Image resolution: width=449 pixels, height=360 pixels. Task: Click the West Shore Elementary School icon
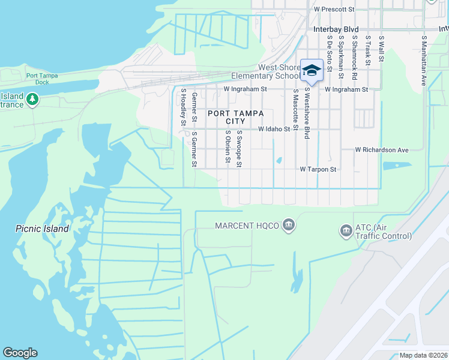click(x=312, y=70)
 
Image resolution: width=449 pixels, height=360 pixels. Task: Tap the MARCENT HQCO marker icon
click(x=289, y=226)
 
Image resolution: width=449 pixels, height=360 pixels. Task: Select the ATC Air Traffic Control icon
click(x=346, y=230)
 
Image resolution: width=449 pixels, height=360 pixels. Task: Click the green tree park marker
click(x=32, y=100)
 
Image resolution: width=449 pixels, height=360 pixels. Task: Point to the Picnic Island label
click(x=42, y=229)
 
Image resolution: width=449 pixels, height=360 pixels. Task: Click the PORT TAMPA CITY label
click(x=228, y=117)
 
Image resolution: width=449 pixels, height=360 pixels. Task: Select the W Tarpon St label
click(x=318, y=170)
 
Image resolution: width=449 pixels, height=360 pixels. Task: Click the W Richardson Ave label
click(x=381, y=149)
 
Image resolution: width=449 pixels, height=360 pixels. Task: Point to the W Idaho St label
click(x=274, y=129)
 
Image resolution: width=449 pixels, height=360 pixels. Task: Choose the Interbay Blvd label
click(x=336, y=29)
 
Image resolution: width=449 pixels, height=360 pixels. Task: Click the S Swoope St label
click(x=239, y=149)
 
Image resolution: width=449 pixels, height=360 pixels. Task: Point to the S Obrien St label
click(x=228, y=148)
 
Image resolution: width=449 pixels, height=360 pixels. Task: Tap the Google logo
click(x=20, y=353)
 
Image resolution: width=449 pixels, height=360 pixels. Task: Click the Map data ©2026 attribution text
click(x=423, y=355)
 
